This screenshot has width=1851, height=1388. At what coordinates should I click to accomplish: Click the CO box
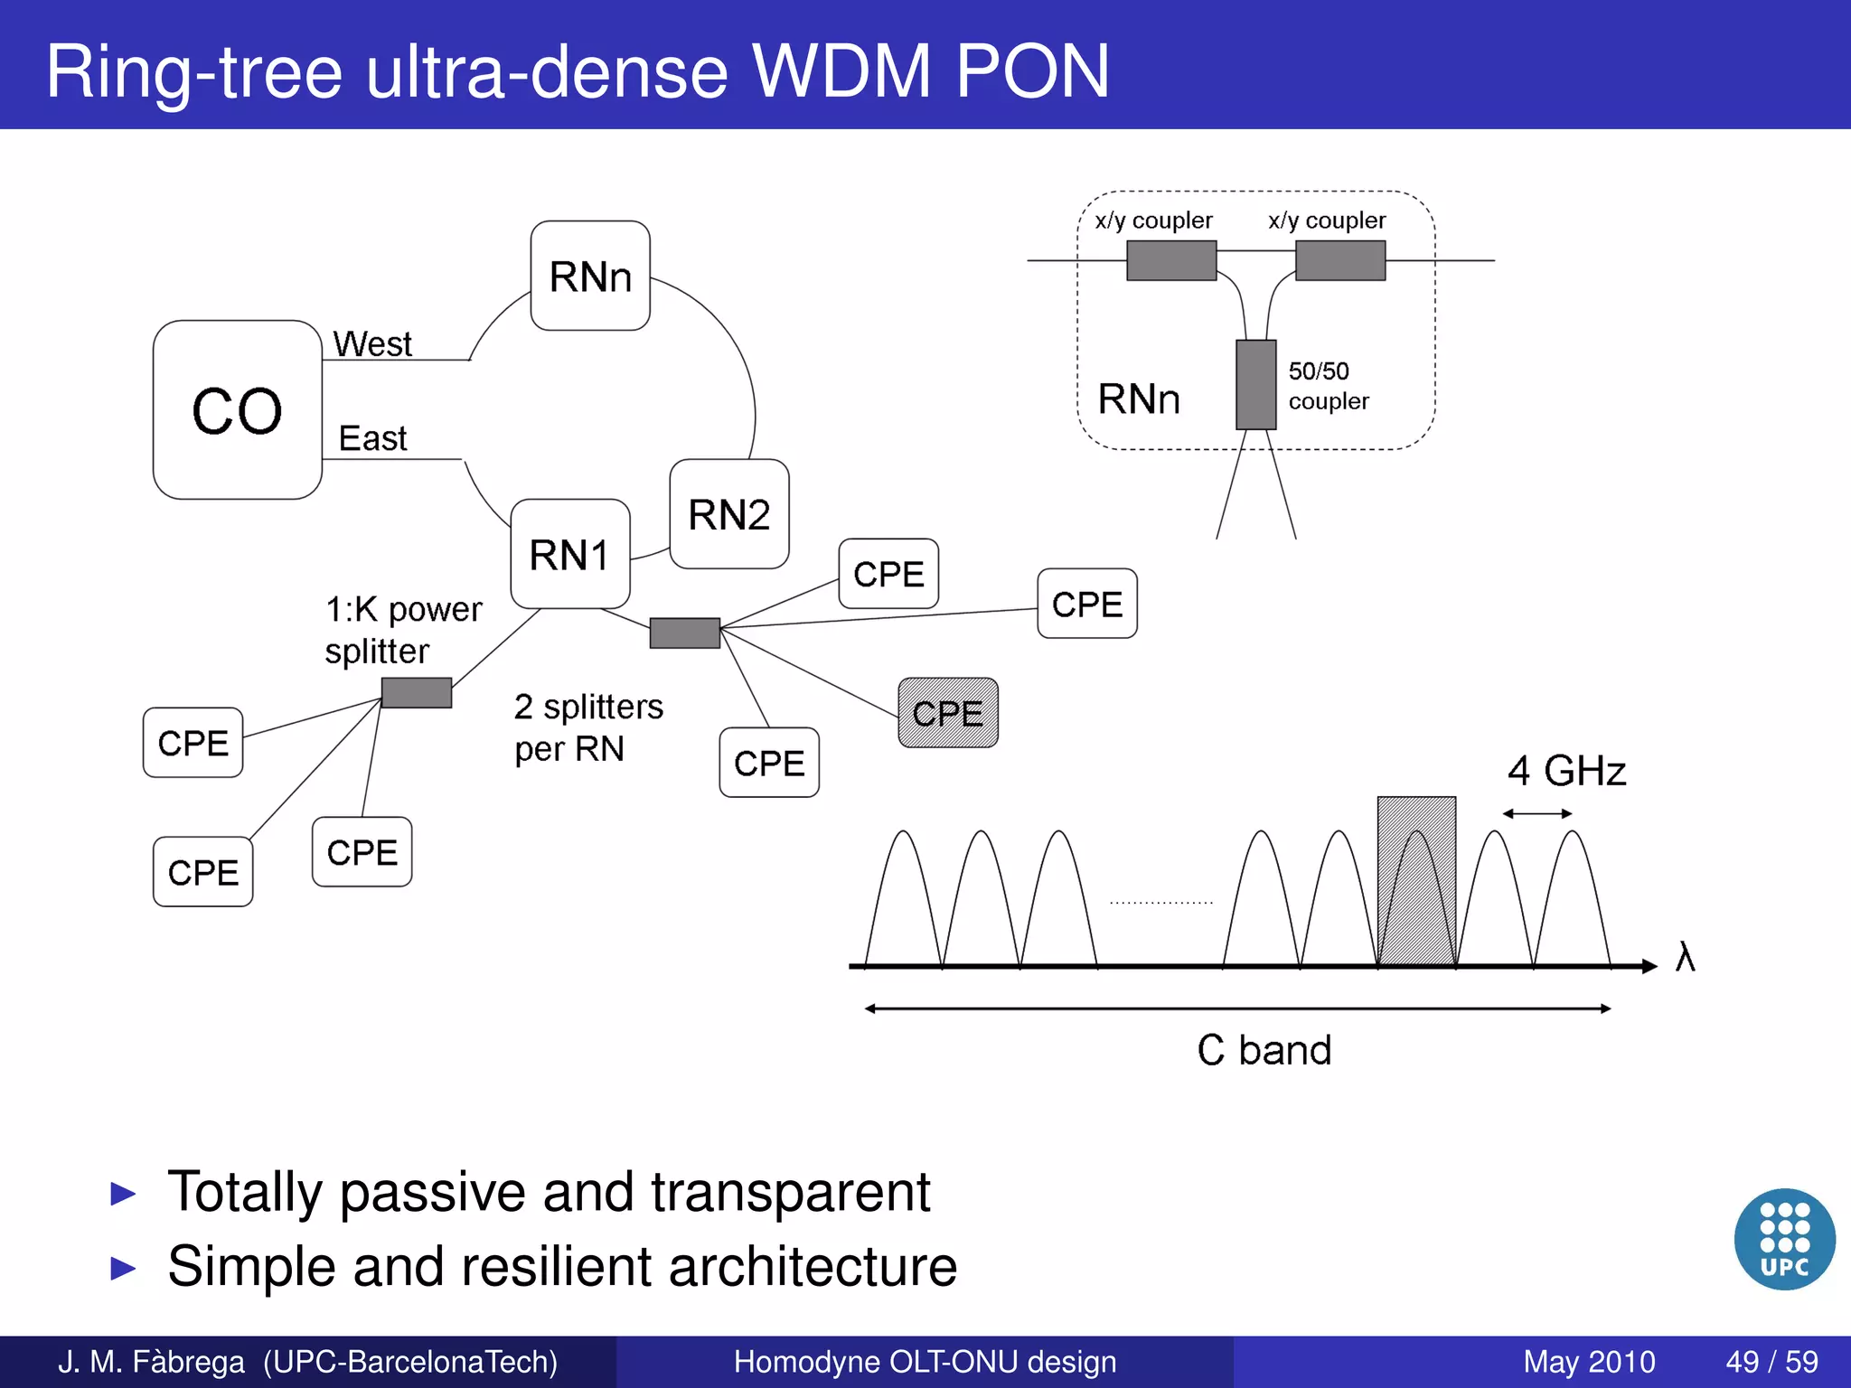pos(237,409)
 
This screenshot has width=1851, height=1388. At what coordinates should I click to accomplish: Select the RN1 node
pos(569,554)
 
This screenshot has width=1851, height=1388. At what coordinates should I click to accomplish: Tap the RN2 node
pos(728,514)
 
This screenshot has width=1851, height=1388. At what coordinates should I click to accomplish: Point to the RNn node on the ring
pos(590,276)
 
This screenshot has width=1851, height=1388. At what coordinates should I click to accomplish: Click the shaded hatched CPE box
pos(947,713)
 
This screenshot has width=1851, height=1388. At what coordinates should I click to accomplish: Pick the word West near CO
pos(371,343)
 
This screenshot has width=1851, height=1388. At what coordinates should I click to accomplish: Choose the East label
pos(372,438)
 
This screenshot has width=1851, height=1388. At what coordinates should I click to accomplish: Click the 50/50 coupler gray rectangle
pos(1255,385)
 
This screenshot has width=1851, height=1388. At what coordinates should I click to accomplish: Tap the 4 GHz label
pos(1565,771)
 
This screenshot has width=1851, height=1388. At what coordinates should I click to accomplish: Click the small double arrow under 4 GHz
pos(1536,813)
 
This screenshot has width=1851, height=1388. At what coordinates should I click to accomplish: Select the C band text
pos(1264,1050)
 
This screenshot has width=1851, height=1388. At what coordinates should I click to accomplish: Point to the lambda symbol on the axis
pos(1685,956)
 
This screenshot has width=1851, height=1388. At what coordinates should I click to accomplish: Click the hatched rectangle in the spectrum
pos(1415,881)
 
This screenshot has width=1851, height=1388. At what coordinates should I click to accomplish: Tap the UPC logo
pos(1784,1238)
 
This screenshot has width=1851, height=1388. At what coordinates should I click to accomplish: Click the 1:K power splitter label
pos(402,630)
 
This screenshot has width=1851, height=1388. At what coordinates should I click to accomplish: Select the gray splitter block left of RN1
pos(416,692)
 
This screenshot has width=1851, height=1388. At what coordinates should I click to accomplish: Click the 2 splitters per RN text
pos(587,727)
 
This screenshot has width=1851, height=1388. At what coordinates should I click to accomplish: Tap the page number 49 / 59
pos(1771,1362)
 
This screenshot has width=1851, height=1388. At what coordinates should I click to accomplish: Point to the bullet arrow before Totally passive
pos(122,1194)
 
